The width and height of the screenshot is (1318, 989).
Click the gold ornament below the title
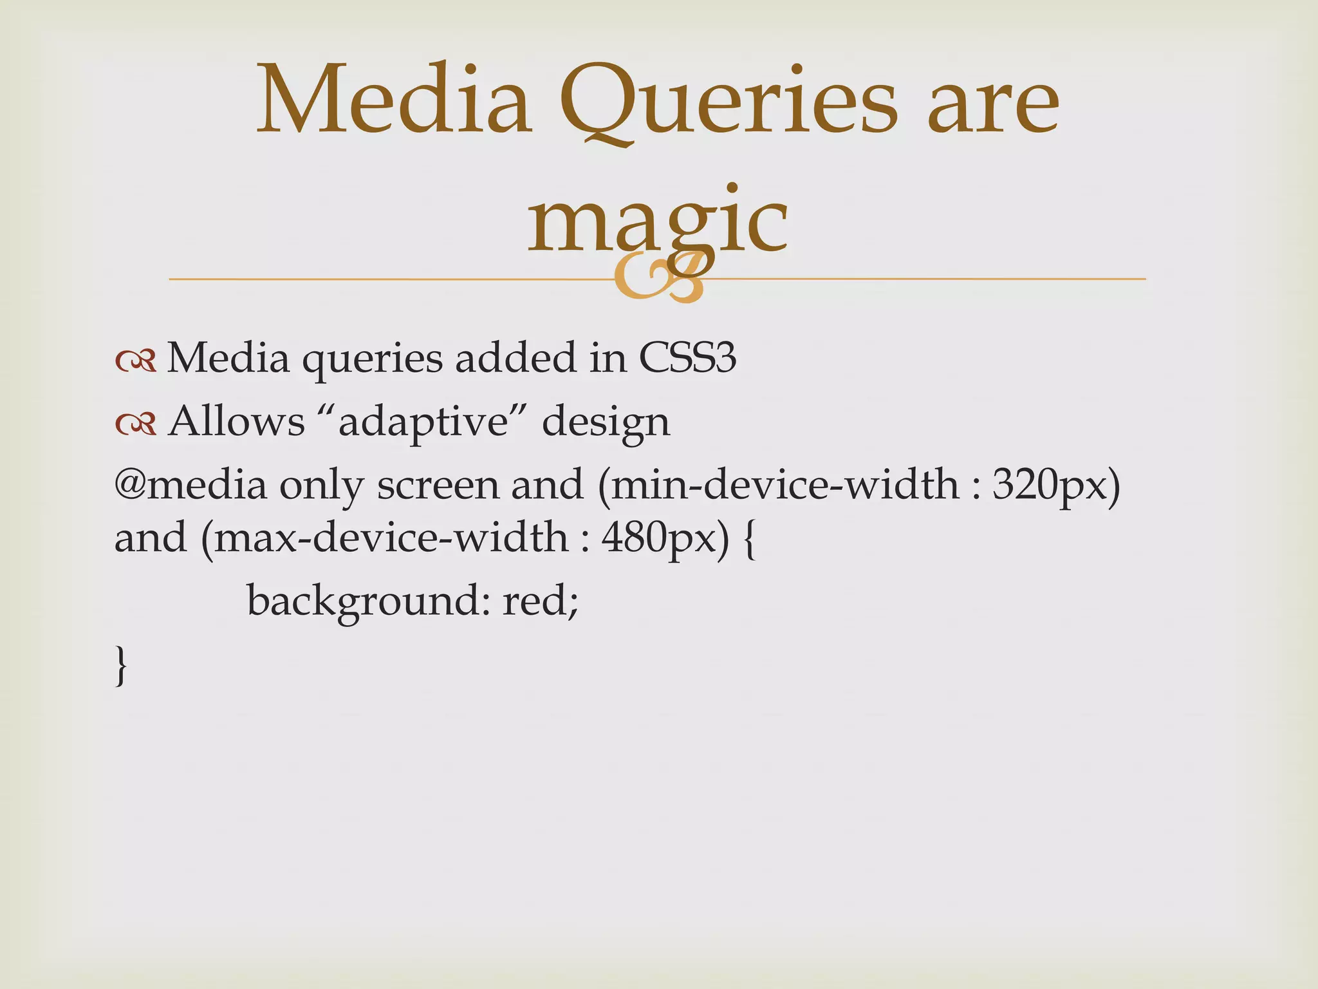coord(658,279)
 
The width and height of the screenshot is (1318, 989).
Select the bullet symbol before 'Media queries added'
coord(136,362)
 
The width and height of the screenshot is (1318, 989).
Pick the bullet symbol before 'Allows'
coord(136,424)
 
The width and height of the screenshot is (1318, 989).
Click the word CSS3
coord(687,358)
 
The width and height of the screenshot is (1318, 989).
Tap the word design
coord(606,423)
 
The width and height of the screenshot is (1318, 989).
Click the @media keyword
coord(190,485)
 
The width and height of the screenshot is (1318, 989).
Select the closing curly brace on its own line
coord(120,666)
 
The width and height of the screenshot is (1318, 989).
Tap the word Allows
coord(236,423)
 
